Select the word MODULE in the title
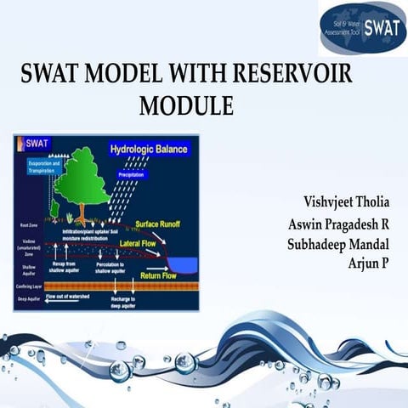[x=186, y=106]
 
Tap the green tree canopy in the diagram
[x=82, y=173]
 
